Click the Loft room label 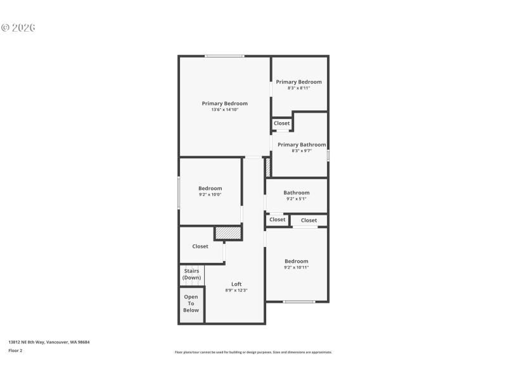click(x=236, y=284)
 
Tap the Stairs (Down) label click(x=191, y=274)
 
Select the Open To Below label click(x=191, y=303)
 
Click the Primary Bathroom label click(x=302, y=144)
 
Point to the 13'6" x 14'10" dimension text click(x=225, y=110)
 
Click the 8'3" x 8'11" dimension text click(x=298, y=89)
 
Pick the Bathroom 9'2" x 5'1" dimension click(x=297, y=199)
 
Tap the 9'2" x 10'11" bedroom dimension click(x=297, y=268)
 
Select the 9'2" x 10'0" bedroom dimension click(x=210, y=195)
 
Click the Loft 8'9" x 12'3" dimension click(x=236, y=291)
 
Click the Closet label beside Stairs click(x=200, y=246)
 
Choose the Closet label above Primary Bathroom click(x=282, y=123)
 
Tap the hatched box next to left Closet click(x=228, y=233)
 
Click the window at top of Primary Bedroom click(x=224, y=56)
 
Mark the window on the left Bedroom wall click(x=179, y=193)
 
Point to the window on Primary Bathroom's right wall click(x=328, y=155)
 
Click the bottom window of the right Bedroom click(x=299, y=301)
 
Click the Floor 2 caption click(x=15, y=350)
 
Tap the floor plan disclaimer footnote click(x=253, y=352)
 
